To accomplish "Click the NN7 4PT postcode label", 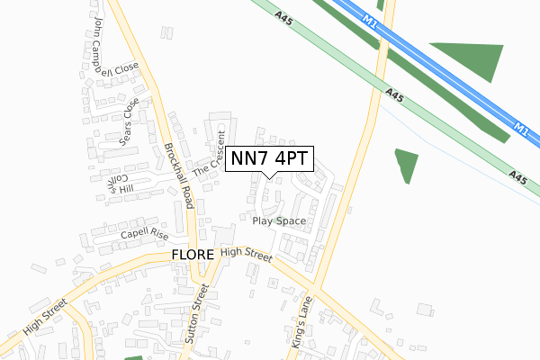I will coord(269,159).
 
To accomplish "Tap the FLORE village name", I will coord(192,256).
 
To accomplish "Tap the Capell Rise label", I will coord(145,234).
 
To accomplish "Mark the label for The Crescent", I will coord(210,155).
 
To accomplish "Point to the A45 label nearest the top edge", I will coord(283,15).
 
